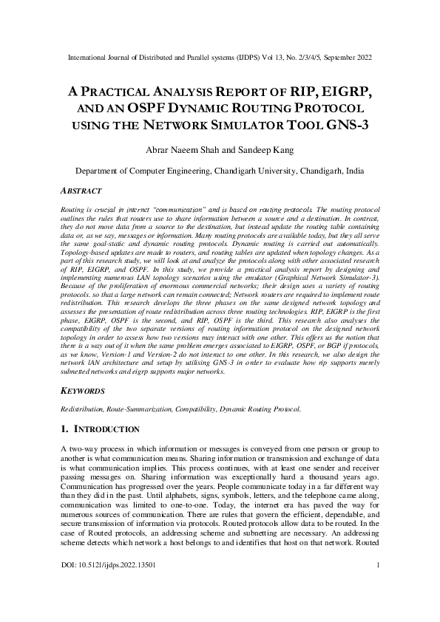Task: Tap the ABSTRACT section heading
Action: [79, 190]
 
